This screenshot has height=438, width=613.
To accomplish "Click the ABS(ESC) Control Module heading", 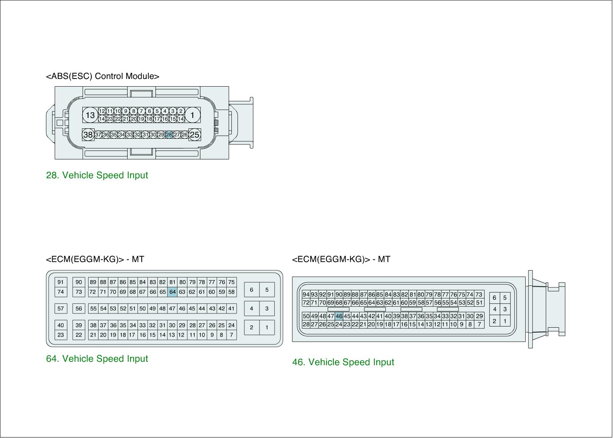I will point(102,76).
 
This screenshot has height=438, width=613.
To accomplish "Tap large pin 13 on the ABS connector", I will point(90,115).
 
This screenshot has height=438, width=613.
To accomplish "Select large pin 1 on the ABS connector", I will point(192,115).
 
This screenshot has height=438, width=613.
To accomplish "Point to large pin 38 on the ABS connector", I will point(88,135).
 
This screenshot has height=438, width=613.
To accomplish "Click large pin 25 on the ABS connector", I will point(195,135).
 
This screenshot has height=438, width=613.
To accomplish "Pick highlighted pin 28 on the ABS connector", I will point(169,135).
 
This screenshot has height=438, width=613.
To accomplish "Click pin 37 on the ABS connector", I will point(98,135).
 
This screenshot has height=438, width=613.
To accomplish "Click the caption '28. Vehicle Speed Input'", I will point(97,175).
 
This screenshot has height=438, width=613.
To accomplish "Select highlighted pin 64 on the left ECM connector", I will point(172,292).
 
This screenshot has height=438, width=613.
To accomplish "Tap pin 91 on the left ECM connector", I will point(61,282).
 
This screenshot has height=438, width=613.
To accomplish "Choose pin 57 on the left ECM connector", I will point(61,308).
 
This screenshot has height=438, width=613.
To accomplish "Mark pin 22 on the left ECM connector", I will point(79,335).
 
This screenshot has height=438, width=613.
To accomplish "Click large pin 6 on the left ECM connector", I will point(251,290).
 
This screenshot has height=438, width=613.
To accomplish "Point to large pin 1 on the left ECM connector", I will point(267,327).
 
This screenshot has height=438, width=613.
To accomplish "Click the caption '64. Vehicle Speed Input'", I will point(97,359).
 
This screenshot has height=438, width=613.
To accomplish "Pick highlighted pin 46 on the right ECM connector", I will point(339,316).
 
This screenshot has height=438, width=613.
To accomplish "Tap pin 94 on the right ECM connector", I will point(306,295).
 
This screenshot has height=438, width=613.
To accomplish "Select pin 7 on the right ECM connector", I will point(479,324).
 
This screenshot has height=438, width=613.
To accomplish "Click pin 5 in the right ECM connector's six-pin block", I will point(505,298).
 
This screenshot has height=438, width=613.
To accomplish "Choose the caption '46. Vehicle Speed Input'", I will point(343,362).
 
